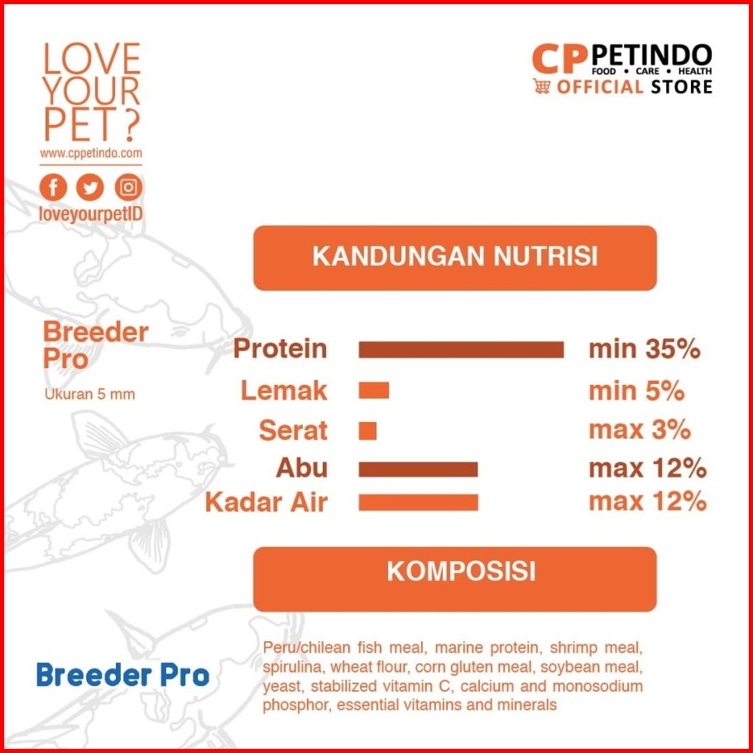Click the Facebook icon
[53, 187]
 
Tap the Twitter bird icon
[90, 187]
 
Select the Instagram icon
[128, 187]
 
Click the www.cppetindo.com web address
[91, 153]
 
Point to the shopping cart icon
[541, 86]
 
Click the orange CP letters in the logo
[560, 59]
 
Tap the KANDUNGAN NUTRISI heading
[455, 257]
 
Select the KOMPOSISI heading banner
[455, 578]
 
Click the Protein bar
[461, 349]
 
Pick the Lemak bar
[374, 391]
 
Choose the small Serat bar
[367, 431]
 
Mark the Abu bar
[418, 469]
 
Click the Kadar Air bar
[418, 502]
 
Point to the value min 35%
[644, 349]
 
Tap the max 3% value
[640, 429]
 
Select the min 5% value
[636, 391]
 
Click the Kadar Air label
[266, 502]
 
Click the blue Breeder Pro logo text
[123, 674]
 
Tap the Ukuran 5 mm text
[90, 394]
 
